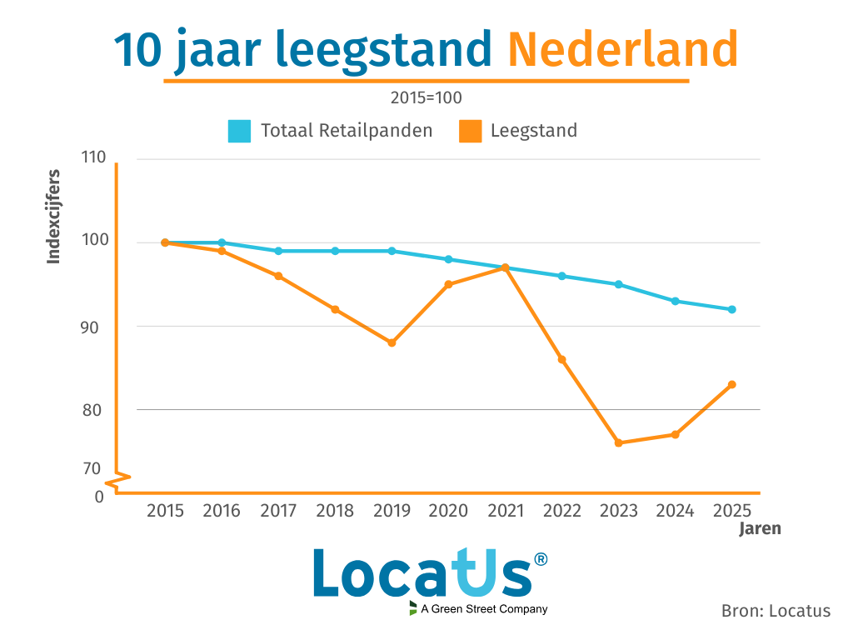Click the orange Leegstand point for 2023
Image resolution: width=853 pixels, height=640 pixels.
tap(618, 442)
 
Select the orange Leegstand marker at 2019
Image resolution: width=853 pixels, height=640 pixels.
tap(392, 342)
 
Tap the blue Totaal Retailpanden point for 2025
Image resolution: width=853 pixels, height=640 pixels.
tap(731, 309)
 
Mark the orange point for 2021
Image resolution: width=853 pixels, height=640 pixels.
tap(505, 267)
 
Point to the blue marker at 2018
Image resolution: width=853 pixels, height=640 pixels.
tap(335, 251)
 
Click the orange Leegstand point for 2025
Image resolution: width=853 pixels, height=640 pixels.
tap(731, 384)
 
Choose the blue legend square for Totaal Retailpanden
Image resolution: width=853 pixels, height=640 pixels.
tap(239, 131)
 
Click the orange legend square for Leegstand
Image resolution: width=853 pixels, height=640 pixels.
tap(470, 131)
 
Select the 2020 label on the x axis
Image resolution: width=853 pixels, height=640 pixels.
tap(448, 511)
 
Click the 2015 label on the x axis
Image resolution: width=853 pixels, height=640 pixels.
tap(165, 511)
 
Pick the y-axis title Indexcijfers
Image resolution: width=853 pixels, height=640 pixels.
tap(54, 217)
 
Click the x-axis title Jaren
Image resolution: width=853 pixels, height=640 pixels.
tap(760, 528)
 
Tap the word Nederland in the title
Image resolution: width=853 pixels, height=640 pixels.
tap(623, 50)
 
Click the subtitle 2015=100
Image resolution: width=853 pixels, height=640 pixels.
tap(426, 97)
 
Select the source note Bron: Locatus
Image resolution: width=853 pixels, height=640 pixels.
tap(776, 611)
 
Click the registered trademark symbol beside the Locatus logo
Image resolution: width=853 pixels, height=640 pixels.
tap(541, 559)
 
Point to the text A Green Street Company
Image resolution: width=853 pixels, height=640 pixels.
tap(484, 609)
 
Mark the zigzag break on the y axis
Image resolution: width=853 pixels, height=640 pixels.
tap(117, 479)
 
